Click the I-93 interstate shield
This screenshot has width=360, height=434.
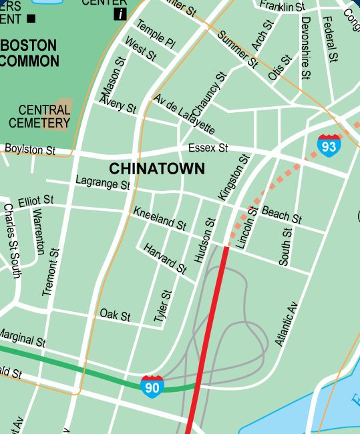coord(329,144)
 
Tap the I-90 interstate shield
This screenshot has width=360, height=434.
coord(152,386)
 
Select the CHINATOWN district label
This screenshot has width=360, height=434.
coord(157,168)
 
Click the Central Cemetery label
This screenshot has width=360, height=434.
coord(39,116)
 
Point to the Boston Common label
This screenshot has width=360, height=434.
coord(30,53)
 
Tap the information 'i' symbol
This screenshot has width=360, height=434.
coord(120,14)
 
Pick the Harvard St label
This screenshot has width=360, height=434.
coord(165,258)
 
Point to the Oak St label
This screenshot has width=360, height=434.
coord(115,314)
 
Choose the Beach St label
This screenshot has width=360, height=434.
coord(281,214)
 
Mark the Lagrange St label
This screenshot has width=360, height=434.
coord(103,182)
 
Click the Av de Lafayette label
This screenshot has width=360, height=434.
coord(184,114)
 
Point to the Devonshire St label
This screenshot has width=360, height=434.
coord(305,41)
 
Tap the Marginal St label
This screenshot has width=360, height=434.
coord(23,337)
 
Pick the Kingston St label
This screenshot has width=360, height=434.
coord(233,177)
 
